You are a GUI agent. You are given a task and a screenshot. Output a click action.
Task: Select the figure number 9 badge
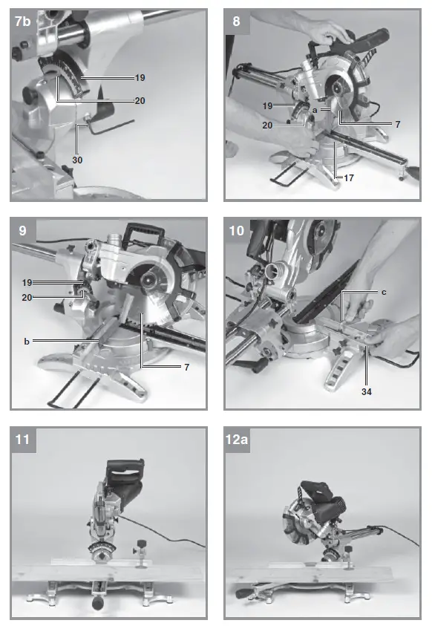click(x=23, y=231)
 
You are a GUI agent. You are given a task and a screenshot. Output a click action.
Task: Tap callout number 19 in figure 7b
click(x=140, y=77)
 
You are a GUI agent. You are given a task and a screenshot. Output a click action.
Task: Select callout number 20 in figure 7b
click(x=140, y=100)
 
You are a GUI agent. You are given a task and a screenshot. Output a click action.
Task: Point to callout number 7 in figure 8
click(x=397, y=125)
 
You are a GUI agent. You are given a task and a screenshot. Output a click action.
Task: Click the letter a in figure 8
click(x=315, y=110)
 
